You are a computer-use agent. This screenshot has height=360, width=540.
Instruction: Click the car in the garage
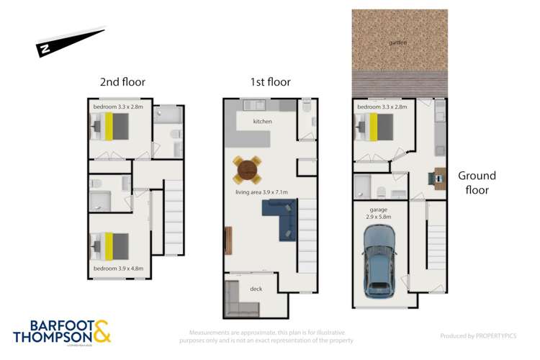pos(379,261)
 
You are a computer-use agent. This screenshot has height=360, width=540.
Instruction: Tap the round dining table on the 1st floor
pos(246,170)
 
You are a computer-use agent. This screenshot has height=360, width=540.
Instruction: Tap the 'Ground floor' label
pos(476,183)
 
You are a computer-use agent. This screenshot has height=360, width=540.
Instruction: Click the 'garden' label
pos(397,42)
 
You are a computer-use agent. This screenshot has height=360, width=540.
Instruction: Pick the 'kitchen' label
pos(262,122)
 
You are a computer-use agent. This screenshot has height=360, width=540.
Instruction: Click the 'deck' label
pos(256,288)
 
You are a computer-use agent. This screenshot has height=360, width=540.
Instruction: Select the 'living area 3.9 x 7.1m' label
pos(261,192)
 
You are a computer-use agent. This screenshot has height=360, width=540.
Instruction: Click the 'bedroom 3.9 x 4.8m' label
pos(119,269)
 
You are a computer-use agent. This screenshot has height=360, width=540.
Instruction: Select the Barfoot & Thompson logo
pos(61,332)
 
